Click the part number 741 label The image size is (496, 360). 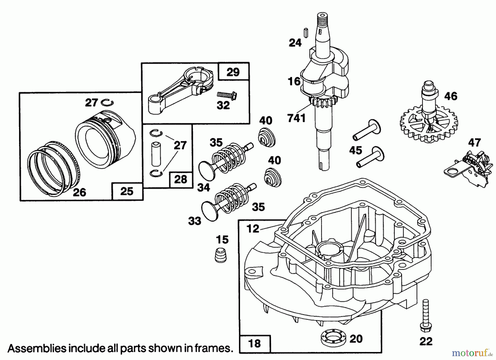296,118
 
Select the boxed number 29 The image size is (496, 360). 233,72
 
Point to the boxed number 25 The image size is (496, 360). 127,191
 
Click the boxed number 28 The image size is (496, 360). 181,179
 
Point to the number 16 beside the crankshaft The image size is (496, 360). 294,81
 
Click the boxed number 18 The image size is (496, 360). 254,343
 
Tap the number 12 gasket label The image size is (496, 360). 253,229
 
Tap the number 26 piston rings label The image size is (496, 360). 79,192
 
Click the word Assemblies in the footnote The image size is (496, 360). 37,348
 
